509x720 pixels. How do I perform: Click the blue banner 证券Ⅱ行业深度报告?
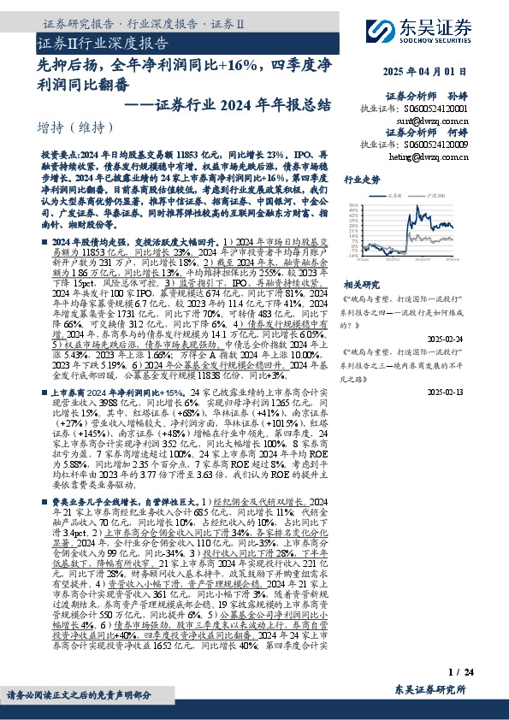click(102, 43)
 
